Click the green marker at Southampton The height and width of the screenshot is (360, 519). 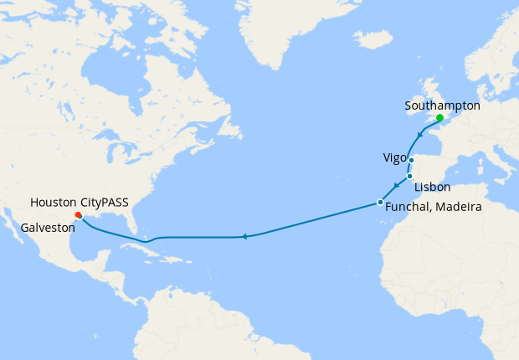click(439, 118)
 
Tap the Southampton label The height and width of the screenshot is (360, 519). click(442, 105)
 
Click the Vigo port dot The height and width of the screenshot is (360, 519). click(412, 160)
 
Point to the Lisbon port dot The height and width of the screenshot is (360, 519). click(409, 176)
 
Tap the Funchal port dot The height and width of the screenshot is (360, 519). click(380, 203)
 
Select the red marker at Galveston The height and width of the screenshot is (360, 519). click(78, 215)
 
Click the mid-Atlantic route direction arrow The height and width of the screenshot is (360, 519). click(244, 237)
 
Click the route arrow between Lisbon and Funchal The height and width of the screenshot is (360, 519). click(395, 188)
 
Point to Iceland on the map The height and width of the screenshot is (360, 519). click(374, 39)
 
